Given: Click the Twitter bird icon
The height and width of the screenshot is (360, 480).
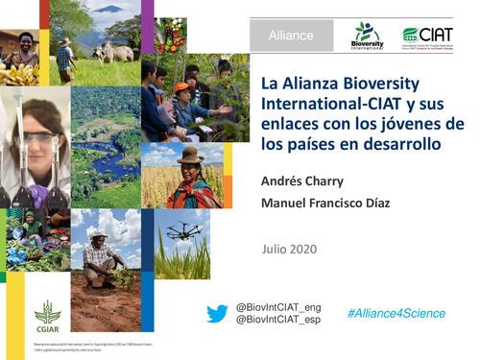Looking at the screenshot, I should (x=218, y=314).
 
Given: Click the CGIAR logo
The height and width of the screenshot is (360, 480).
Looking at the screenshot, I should (x=47, y=314).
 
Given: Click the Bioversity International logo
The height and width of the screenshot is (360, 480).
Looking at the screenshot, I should (x=367, y=36).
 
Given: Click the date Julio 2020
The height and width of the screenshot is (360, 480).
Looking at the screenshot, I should (x=289, y=250).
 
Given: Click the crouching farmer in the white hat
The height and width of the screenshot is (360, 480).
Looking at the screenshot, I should (x=100, y=257).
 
